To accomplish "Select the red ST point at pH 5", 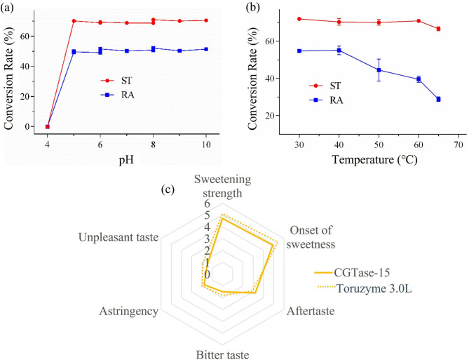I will (x=74, y=21).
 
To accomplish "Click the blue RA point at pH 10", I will (x=206, y=49).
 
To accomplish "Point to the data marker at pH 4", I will (x=47, y=126).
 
